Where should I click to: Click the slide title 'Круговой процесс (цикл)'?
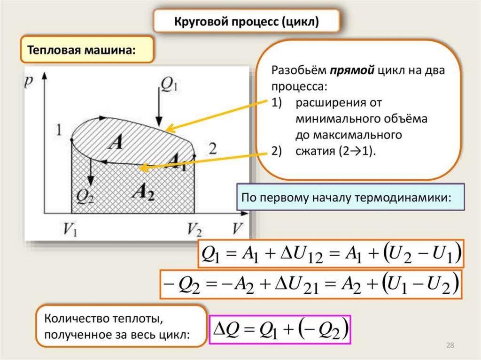[247, 22]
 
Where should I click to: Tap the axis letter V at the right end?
[238, 229]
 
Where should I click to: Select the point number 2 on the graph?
[212, 150]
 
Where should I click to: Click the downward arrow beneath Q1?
[159, 110]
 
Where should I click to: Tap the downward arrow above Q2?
[91, 175]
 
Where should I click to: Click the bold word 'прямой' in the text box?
[351, 70]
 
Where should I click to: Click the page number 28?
[450, 346]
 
